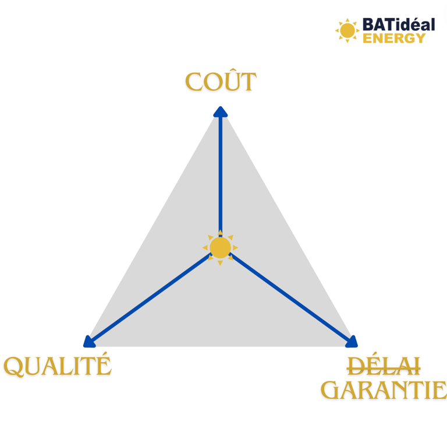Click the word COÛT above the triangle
[221, 80]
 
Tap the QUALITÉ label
[57, 365]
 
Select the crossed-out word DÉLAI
[384, 366]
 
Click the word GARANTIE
[384, 390]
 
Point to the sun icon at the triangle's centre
[220, 247]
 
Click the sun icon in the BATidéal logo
[347, 30]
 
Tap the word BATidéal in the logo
[399, 24]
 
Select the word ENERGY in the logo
[394, 38]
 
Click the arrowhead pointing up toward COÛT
[221, 112]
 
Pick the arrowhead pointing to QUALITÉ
[89, 342]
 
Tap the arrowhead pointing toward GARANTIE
[352, 342]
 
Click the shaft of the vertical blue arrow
[221, 174]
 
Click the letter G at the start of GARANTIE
[331, 390]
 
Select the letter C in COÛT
[194, 82]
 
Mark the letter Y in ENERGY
[420, 38]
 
